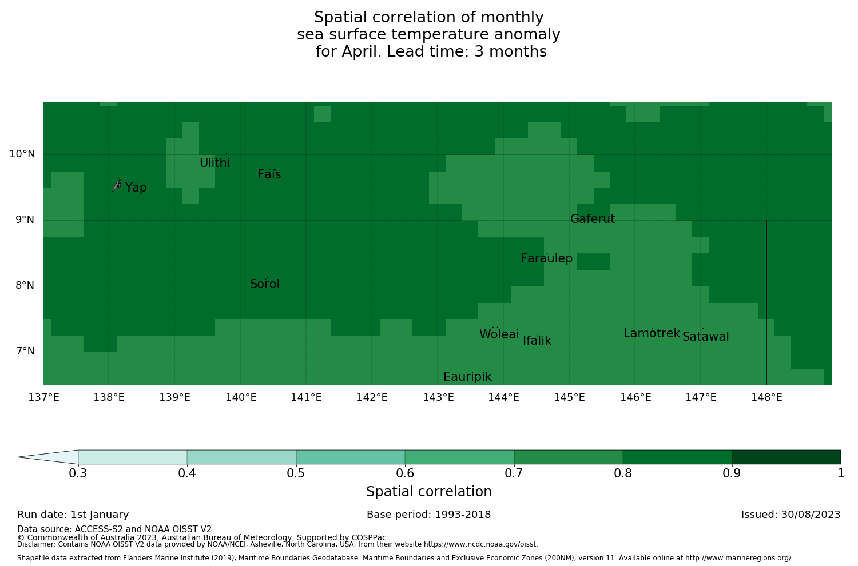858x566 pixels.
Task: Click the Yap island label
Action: (x=136, y=188)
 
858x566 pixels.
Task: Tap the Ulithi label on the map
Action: (x=214, y=163)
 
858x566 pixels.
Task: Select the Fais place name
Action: (x=269, y=174)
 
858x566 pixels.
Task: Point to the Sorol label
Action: (x=265, y=284)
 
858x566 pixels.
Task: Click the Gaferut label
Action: (x=593, y=219)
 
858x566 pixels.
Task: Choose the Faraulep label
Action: (x=546, y=258)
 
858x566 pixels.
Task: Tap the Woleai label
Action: (x=499, y=334)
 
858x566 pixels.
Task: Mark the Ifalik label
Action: (x=537, y=341)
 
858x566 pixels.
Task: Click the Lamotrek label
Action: (x=652, y=333)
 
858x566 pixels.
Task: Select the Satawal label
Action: (x=706, y=337)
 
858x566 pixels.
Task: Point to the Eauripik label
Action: (x=467, y=377)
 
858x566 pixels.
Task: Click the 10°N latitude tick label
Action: (x=22, y=154)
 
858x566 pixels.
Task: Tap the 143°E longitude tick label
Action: (x=438, y=397)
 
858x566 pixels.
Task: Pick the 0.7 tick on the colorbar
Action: (x=514, y=473)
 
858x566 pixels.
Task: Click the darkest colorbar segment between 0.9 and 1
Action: (x=786, y=457)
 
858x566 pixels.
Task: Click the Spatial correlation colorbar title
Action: (x=428, y=492)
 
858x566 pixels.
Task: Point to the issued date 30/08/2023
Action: (x=808, y=515)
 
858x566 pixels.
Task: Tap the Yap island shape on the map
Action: (x=117, y=185)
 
